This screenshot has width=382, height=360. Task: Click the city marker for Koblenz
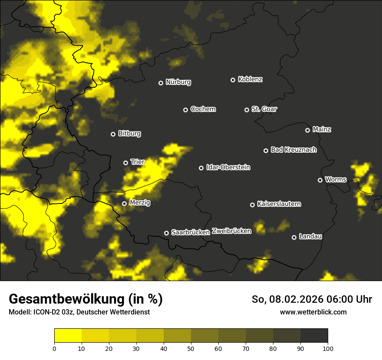click(x=233, y=80)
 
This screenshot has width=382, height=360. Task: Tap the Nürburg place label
click(x=178, y=82)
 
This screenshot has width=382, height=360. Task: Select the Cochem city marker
click(x=185, y=110)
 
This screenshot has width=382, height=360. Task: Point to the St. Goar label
click(x=264, y=109)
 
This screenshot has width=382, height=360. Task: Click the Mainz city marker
click(x=307, y=130)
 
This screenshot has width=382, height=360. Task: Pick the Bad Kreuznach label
click(x=293, y=150)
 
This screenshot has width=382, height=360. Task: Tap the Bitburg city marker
click(x=113, y=134)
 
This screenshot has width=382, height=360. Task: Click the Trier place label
click(x=137, y=162)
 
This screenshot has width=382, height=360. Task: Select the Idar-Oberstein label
click(x=228, y=167)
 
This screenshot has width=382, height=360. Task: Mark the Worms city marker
click(x=320, y=180)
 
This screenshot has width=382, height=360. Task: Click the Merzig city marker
click(x=124, y=203)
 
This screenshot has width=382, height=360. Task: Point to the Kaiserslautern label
click(x=279, y=204)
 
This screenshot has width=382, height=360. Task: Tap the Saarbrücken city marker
click(x=166, y=233)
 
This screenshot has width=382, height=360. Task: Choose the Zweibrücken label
click(x=231, y=231)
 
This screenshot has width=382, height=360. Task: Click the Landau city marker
click(x=294, y=237)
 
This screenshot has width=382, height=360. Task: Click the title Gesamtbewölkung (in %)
click(x=86, y=299)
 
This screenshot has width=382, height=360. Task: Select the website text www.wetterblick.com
click(x=313, y=312)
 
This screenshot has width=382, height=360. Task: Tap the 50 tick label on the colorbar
click(x=191, y=348)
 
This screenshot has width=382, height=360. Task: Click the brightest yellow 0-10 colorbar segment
click(x=68, y=335)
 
